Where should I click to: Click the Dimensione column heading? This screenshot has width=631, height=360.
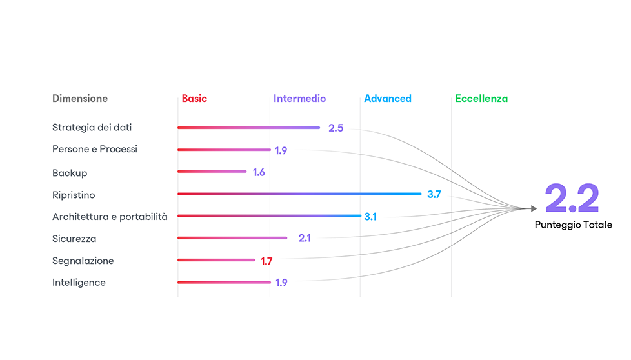pos(80,99)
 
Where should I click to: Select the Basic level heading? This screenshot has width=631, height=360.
pos(194,99)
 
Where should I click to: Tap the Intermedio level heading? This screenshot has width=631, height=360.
pos(299,99)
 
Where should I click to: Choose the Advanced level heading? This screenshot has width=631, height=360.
pos(388,99)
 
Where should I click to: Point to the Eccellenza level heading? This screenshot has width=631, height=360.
pos(481,99)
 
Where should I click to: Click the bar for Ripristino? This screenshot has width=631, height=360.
pos(299,194)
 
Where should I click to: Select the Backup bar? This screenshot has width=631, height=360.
pos(212,172)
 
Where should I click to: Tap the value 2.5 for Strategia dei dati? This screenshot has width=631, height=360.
pos(336,128)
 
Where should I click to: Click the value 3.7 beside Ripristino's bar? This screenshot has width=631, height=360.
pos(434,194)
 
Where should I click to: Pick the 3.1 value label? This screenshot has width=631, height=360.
pos(370,217)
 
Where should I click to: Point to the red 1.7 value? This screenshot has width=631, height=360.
pos(267,261)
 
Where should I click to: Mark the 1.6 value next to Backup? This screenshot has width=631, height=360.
pos(259,172)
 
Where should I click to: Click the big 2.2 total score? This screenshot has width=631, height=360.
pos(572,199)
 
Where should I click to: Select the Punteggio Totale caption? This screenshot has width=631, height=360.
pos(574,225)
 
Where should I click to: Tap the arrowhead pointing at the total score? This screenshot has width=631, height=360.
pos(533,208)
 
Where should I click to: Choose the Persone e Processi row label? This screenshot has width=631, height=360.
pos(95,149)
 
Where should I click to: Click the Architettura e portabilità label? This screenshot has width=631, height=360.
pos(110,217)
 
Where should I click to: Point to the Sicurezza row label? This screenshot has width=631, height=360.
pos(74,239)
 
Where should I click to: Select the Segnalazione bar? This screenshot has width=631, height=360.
pos(216,260)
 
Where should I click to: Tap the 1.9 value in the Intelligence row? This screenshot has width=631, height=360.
pos(281,283)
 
